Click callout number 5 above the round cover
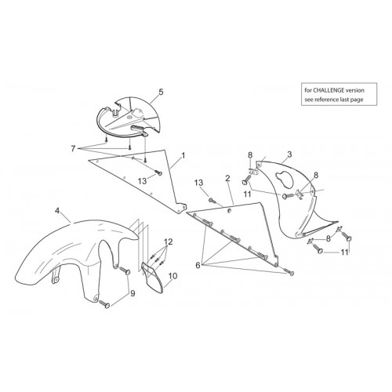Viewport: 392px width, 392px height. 161,92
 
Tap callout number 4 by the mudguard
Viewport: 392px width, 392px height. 57,210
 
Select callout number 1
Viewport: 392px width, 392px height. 183,156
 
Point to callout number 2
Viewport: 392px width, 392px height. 227,179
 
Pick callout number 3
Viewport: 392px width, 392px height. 289,154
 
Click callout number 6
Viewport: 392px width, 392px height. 198,266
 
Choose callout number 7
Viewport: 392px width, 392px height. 73,149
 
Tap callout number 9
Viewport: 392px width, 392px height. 132,293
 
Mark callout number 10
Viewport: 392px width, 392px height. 172,276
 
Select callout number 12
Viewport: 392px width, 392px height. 169,241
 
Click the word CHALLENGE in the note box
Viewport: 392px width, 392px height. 328,90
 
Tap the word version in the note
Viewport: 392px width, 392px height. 355,90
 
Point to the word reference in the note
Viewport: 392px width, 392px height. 326,100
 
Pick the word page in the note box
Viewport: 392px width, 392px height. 358,100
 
